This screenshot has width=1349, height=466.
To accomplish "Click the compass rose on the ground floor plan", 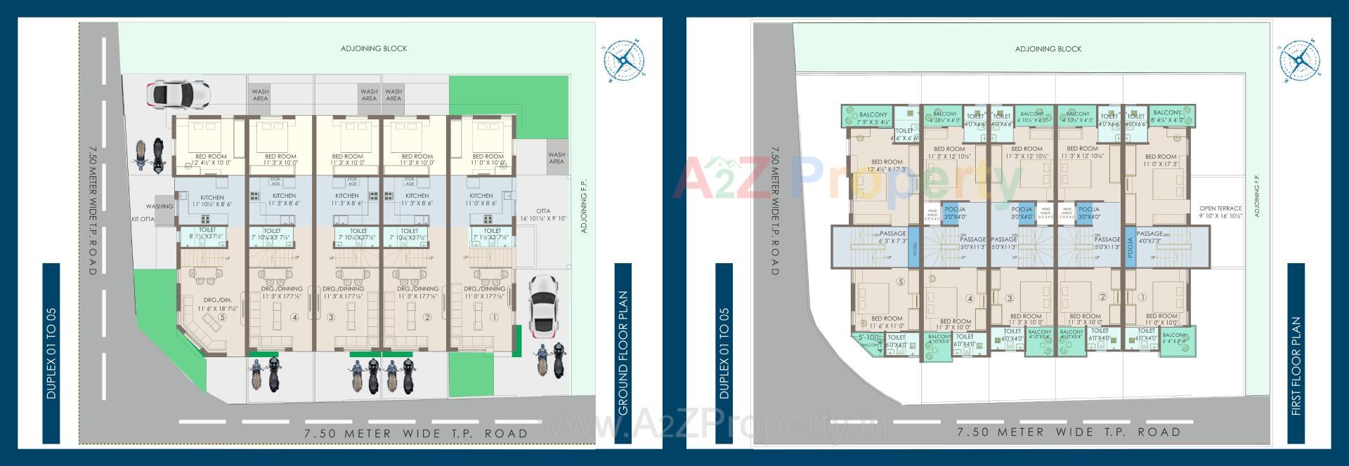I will [623, 60].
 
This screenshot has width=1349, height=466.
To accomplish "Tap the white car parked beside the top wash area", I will [178, 93].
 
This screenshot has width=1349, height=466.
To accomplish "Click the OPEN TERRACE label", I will [1220, 212].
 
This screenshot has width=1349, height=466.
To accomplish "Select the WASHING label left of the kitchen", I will [159, 206].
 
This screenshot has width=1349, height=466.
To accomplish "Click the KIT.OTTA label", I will [143, 220].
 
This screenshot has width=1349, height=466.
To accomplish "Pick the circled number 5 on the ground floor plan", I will [222, 317].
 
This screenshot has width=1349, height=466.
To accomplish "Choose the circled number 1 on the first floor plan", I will [1142, 298].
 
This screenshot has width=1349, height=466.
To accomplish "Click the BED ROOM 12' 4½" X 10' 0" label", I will [211, 159].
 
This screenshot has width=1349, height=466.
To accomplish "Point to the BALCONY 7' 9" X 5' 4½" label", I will [873, 118].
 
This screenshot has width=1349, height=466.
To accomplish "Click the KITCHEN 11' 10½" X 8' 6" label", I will [212, 201].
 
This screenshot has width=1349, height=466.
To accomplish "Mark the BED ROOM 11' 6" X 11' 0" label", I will [887, 322].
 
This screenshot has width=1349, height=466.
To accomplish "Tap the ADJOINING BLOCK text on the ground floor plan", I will [374, 48].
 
